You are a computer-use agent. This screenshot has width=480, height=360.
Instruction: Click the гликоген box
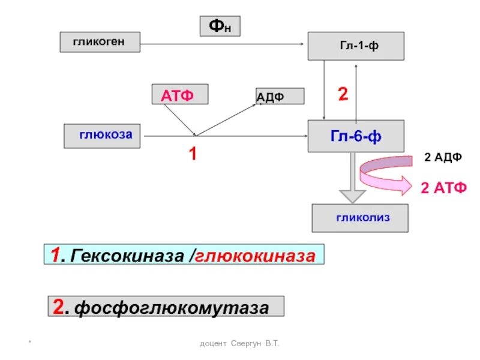(100, 42)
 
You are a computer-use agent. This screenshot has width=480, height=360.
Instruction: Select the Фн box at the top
(220, 26)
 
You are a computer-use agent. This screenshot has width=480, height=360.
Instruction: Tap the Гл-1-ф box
(356, 46)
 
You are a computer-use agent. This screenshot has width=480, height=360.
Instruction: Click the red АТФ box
(180, 95)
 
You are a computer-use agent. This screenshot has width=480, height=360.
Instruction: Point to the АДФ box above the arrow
(280, 96)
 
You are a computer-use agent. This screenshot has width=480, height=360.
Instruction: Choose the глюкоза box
(102, 136)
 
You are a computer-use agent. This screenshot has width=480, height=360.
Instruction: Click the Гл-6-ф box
(356, 136)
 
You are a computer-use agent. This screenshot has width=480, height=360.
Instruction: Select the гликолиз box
(360, 218)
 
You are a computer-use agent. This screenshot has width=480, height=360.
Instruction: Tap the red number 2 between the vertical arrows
(343, 95)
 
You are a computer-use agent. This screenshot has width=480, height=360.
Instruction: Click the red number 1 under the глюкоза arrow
(193, 154)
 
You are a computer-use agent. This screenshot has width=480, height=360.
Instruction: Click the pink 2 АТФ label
(443, 188)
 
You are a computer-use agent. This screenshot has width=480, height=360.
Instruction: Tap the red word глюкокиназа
(254, 255)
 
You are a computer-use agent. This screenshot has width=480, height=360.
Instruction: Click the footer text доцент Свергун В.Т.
(240, 343)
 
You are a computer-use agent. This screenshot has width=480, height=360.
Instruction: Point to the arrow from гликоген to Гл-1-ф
(222, 43)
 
